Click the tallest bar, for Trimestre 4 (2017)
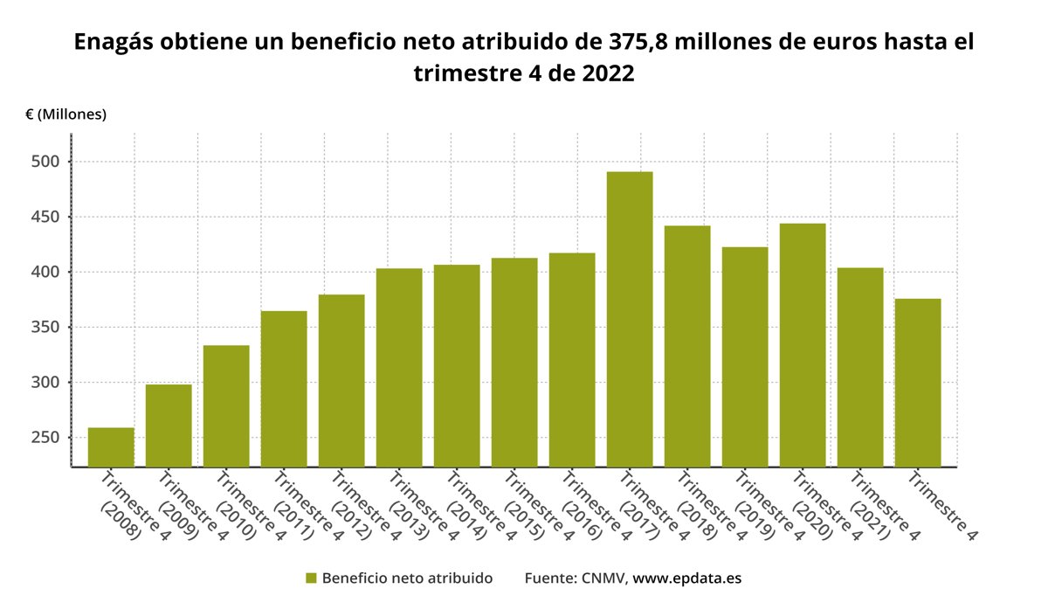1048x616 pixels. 630,319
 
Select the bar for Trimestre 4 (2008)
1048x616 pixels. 111,446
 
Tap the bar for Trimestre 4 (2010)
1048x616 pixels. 226,405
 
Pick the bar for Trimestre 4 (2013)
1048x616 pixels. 399,367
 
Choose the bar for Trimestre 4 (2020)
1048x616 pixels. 803,345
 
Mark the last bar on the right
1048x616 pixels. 918,383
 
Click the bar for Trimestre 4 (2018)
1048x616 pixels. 687,346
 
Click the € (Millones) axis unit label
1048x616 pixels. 66,114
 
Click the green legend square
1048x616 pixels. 311,578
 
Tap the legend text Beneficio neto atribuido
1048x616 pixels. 407,578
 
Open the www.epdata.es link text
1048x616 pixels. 686,578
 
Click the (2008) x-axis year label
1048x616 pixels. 121,519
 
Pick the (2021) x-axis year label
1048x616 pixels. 870,519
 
